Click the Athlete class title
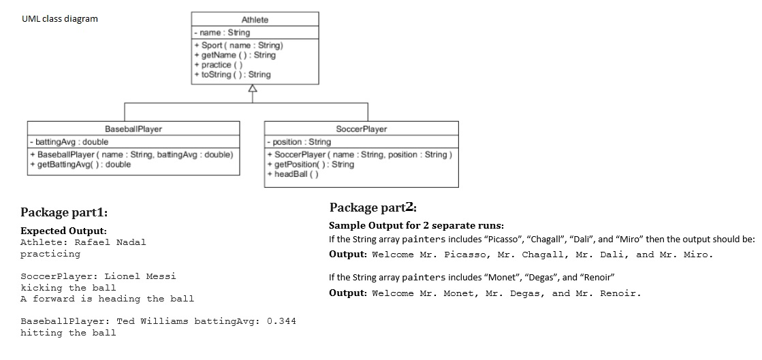(x=255, y=20)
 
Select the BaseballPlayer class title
(x=133, y=129)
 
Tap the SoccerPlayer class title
(x=361, y=129)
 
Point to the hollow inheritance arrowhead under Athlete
(x=252, y=88)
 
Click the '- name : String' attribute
(x=222, y=33)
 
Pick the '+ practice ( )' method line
(x=218, y=65)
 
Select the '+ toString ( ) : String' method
(x=232, y=74)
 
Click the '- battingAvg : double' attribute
(x=69, y=142)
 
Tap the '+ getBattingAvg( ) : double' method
(x=80, y=164)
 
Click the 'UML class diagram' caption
(x=60, y=19)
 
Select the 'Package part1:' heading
(x=64, y=212)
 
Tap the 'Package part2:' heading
(x=373, y=208)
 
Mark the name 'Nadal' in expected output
(x=131, y=242)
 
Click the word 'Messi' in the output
(x=161, y=276)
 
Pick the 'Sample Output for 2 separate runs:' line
(x=417, y=225)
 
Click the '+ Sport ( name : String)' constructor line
(x=238, y=45)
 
